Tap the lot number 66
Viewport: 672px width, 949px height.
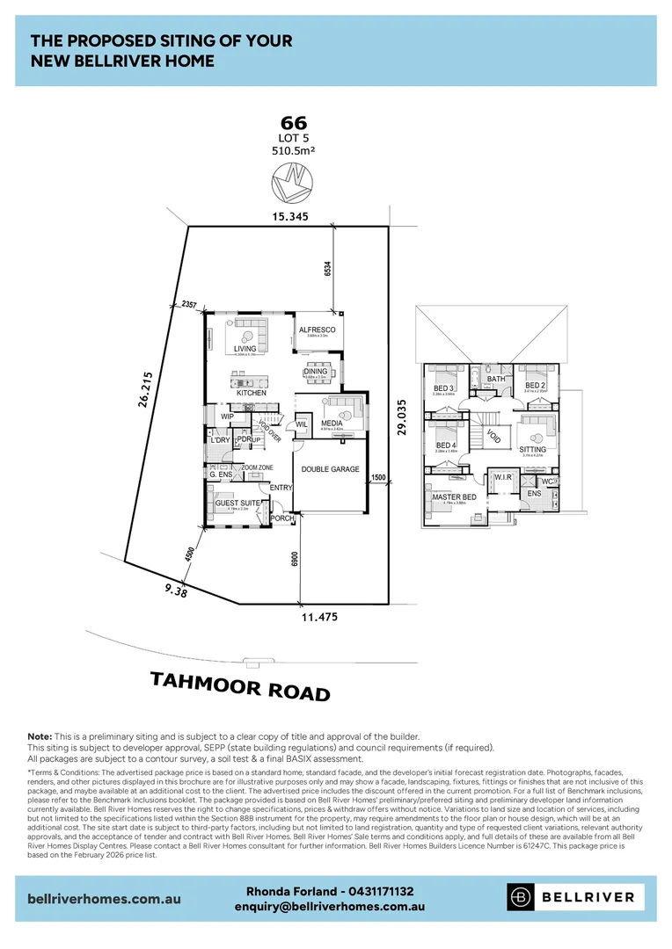pyautogui.click(x=293, y=124)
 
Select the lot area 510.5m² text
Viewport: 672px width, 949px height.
pyautogui.click(x=293, y=150)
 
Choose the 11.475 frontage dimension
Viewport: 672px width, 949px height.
pyautogui.click(x=314, y=617)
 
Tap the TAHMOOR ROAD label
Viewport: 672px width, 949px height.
pyautogui.click(x=240, y=686)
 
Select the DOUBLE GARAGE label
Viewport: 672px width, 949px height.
pyautogui.click(x=330, y=469)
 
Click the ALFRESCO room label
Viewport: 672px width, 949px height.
pyautogui.click(x=318, y=329)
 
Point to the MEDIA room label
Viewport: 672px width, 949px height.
pyautogui.click(x=332, y=423)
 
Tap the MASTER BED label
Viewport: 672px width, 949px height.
pyautogui.click(x=454, y=497)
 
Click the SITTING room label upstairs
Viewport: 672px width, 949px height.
pyautogui.click(x=533, y=449)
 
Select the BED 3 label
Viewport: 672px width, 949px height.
pyautogui.click(x=443, y=388)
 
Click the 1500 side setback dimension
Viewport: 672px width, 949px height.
pyautogui.click(x=378, y=477)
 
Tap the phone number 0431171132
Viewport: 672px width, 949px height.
pyautogui.click(x=376, y=891)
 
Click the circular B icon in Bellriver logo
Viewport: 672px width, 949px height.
pyautogui.click(x=522, y=897)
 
